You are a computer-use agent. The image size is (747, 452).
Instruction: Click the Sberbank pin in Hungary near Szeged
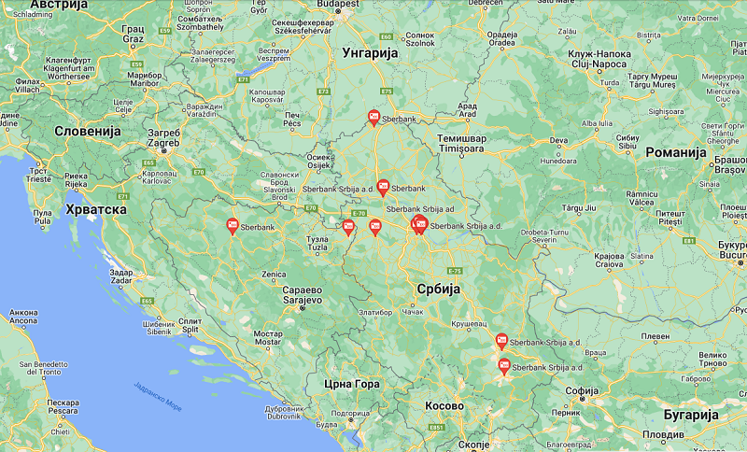point(373,117)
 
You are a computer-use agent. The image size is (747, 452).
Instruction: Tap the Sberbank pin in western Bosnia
point(233,225)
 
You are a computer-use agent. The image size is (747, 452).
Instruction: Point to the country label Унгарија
point(371,53)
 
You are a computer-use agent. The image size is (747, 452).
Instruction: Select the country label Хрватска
point(96,209)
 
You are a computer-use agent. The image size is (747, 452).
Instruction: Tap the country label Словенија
point(88,132)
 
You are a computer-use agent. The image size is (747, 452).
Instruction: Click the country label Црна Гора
point(351,384)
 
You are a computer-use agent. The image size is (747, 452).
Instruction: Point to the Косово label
point(444,406)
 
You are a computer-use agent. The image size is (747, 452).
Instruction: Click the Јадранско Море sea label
point(158,396)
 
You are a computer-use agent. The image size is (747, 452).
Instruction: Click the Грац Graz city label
point(133,34)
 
